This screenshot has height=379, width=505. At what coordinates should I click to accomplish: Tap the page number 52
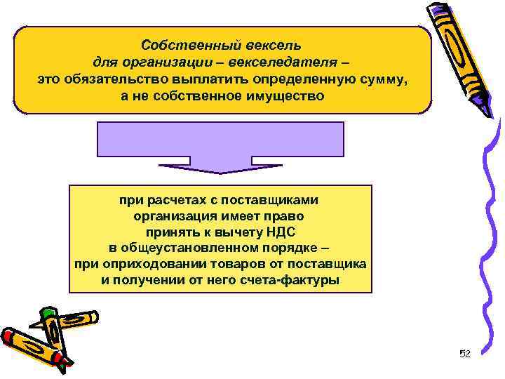click(464, 353)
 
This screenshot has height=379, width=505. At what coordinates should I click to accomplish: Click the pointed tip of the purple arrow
click(220, 172)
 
